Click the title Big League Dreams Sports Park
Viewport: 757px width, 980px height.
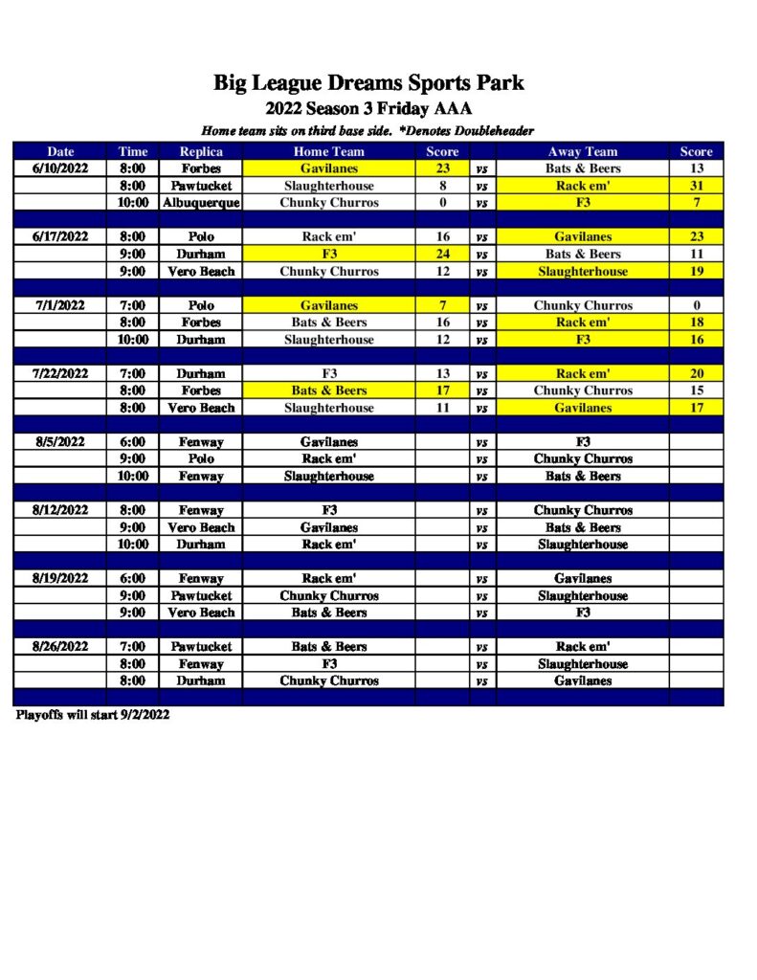click(368, 83)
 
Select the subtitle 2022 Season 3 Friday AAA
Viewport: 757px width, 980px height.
click(368, 108)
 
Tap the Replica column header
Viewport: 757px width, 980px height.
click(201, 151)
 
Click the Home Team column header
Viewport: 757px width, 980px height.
click(328, 151)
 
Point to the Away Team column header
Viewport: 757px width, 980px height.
click(582, 151)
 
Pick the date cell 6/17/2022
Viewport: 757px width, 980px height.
click(60, 237)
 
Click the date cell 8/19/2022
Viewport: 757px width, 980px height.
click(60, 579)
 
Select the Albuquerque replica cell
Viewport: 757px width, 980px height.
click(201, 203)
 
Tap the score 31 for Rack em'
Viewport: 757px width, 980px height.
click(696, 186)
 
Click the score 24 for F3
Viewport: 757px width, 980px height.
click(442, 255)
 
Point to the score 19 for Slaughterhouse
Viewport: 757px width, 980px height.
click(696, 272)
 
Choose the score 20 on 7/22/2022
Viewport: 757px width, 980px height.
click(696, 374)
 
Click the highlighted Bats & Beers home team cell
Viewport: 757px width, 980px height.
click(328, 391)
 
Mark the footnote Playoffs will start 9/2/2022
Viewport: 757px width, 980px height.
click(93, 716)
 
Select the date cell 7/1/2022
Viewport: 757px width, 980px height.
click(60, 306)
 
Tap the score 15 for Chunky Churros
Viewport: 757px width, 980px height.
click(696, 391)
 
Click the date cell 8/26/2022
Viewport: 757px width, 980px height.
click(60, 647)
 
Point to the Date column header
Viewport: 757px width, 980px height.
click(60, 151)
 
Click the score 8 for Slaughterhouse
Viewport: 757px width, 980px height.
click(442, 186)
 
